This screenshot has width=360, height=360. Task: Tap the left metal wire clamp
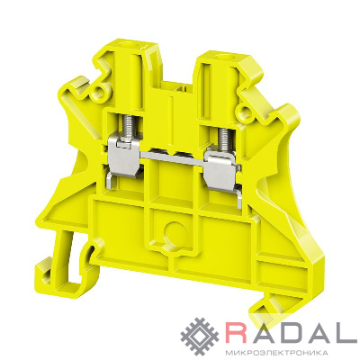point(124,156)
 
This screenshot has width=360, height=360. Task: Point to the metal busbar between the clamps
point(174,158)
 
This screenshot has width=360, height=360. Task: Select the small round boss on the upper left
point(99,91)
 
